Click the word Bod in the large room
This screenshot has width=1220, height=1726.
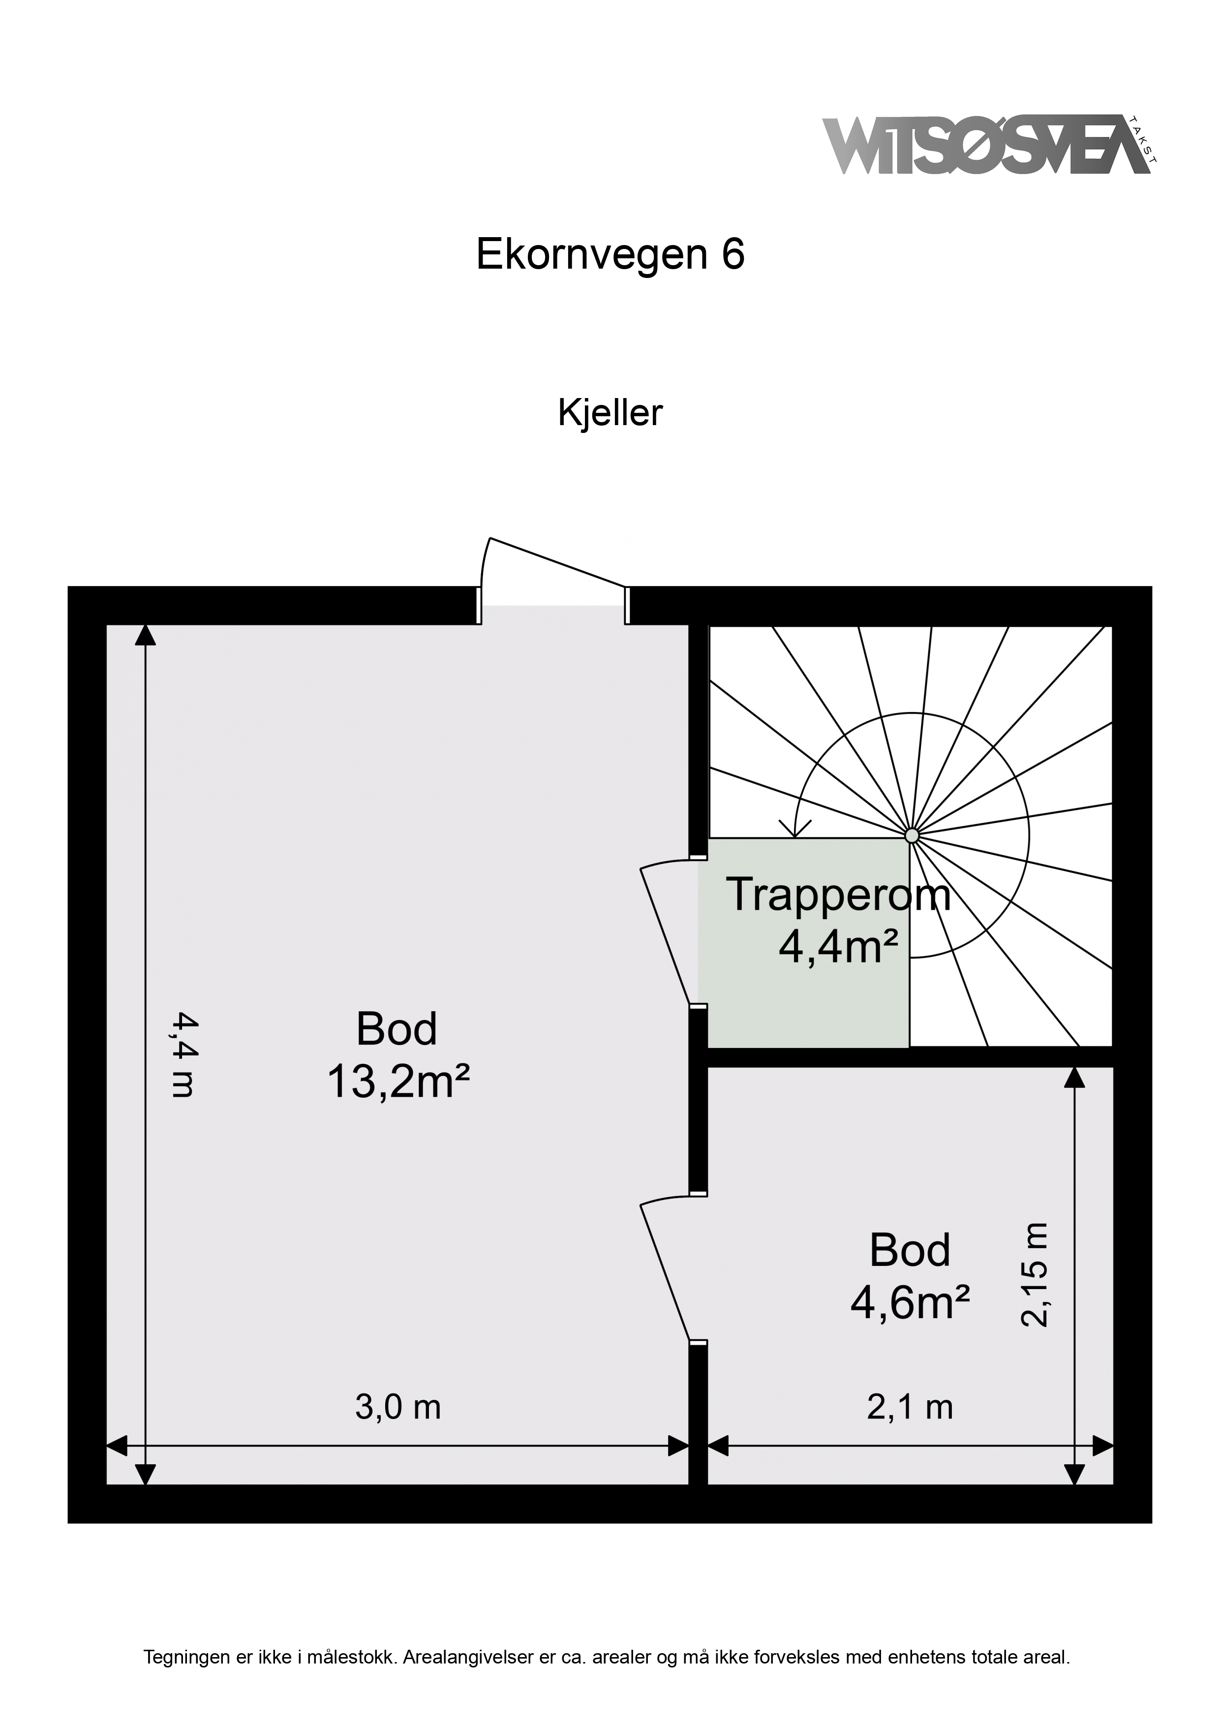coord(397,1029)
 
